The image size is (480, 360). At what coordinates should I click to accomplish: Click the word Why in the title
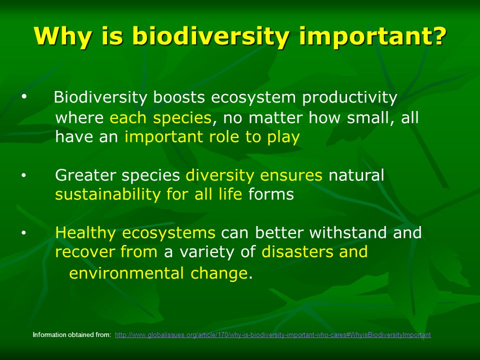pyautogui.click(x=63, y=37)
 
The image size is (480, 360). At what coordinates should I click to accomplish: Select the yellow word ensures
pyautogui.click(x=291, y=175)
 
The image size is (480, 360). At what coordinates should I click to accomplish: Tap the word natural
pyautogui.click(x=356, y=175)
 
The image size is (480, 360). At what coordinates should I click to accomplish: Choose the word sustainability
pyautogui.click(x=107, y=194)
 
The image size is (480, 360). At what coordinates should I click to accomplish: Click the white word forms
pyautogui.click(x=271, y=194)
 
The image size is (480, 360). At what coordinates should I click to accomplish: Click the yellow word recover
pyautogui.click(x=85, y=252)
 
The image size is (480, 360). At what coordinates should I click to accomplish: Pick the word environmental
pyautogui.click(x=126, y=273)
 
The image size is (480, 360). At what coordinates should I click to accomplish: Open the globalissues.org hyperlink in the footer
pyautogui.click(x=273, y=335)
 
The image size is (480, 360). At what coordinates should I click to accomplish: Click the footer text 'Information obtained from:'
pyautogui.click(x=72, y=335)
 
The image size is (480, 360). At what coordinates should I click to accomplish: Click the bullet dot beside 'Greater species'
pyautogui.click(x=24, y=176)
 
